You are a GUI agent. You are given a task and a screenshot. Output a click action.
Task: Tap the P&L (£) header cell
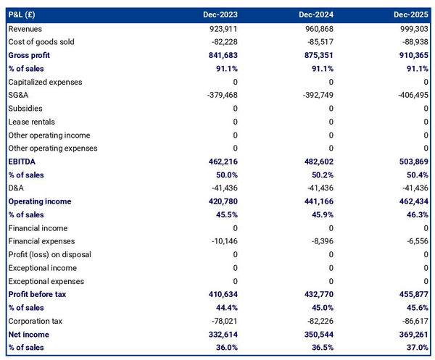25,14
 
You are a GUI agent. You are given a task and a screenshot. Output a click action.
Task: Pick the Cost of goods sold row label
43,42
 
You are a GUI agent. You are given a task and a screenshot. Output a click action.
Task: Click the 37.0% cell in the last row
416,348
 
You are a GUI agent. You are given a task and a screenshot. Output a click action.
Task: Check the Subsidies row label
25,108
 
